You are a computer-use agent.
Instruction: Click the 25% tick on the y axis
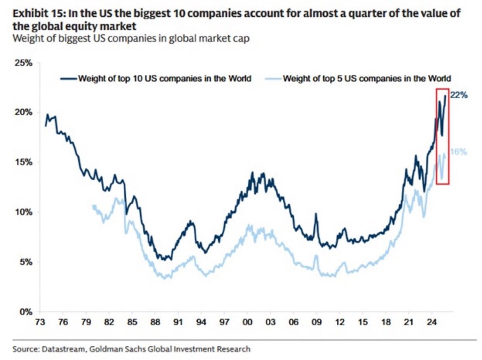pos(23,63)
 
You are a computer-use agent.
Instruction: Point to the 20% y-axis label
pos(23,112)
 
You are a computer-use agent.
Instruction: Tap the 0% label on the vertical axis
pos(24,312)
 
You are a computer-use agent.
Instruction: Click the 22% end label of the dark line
pos(459,95)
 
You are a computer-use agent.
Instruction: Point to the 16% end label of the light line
pos(458,152)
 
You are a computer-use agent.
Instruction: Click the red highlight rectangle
pos(442,136)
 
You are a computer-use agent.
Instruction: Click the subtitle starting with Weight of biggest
pos(130,39)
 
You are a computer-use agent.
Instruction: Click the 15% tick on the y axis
pos(23,162)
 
